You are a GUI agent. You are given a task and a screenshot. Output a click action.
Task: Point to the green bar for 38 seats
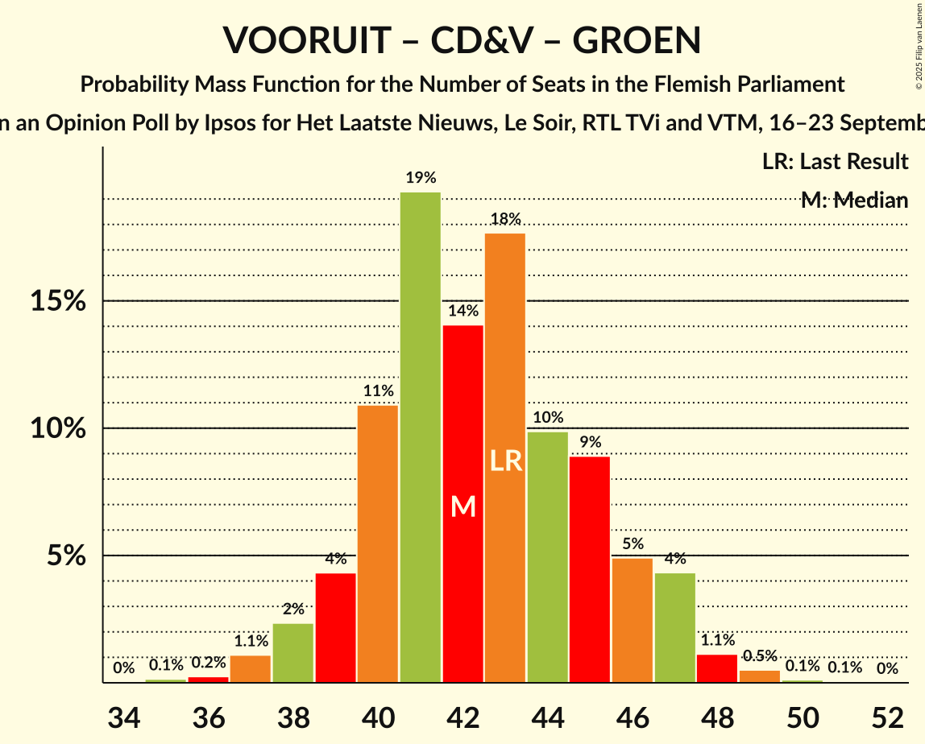pos(293,653)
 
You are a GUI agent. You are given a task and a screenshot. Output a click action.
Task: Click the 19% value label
pos(421,178)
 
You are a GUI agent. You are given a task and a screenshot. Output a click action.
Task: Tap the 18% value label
pos(505,219)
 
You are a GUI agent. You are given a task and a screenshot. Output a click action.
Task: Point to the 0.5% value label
pos(760,656)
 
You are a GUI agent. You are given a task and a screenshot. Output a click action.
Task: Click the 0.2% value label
pos(209,663)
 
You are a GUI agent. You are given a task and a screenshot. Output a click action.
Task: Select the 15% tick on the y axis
pos(58,301)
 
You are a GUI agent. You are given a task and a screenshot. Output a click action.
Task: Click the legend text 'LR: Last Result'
pos(835,162)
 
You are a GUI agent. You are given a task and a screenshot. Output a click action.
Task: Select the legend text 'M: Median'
pos(854,200)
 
